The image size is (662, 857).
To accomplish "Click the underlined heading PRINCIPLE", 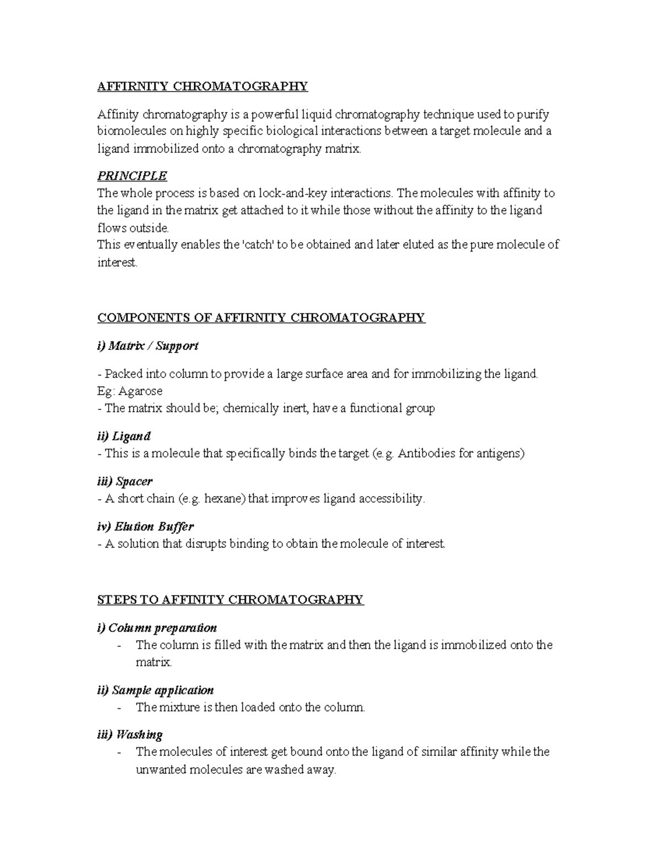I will tap(132, 176).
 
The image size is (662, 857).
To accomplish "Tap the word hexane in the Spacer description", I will tap(225, 499).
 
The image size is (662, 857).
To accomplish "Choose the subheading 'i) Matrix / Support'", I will tap(147, 346).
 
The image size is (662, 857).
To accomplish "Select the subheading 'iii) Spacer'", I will tap(125, 482).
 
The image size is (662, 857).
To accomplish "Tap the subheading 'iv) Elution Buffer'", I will tap(145, 526).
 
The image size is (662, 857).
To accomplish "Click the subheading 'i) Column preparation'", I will tap(157, 628).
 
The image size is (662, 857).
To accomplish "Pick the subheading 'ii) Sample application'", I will tap(155, 690).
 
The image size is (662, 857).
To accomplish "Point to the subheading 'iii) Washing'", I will tap(130, 735).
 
